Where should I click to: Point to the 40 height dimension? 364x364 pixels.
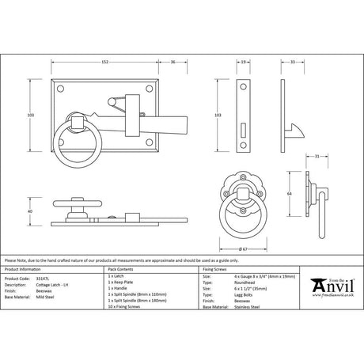pos(29,212)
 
